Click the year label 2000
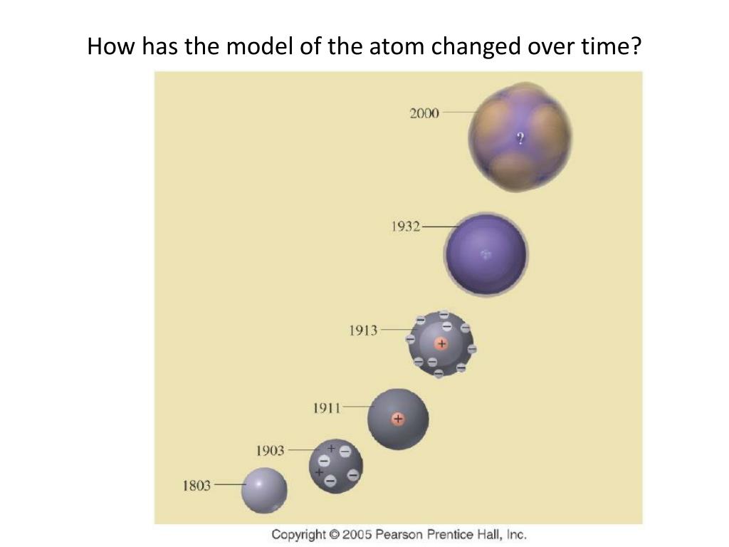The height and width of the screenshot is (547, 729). coord(424,113)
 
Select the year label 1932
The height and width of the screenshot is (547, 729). coord(405,226)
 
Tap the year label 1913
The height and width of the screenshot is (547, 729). coord(363,330)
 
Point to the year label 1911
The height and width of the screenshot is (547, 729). coord(326,408)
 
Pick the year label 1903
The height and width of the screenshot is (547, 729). coord(270,451)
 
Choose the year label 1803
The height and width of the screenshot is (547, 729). coord(196,486)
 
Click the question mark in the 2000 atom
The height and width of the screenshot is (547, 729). coord(520,138)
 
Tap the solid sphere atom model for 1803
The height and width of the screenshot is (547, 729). coord(264,491)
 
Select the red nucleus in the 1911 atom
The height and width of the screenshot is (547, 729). coord(397,419)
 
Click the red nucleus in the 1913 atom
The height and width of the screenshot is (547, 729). coord(441,344)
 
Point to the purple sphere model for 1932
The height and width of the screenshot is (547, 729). coord(486,254)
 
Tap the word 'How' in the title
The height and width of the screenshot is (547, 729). coord(112,46)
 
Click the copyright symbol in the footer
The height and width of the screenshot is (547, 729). coord(334,534)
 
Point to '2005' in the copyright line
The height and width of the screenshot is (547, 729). coord(357,534)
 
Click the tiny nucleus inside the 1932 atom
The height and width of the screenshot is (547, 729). coord(486,254)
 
